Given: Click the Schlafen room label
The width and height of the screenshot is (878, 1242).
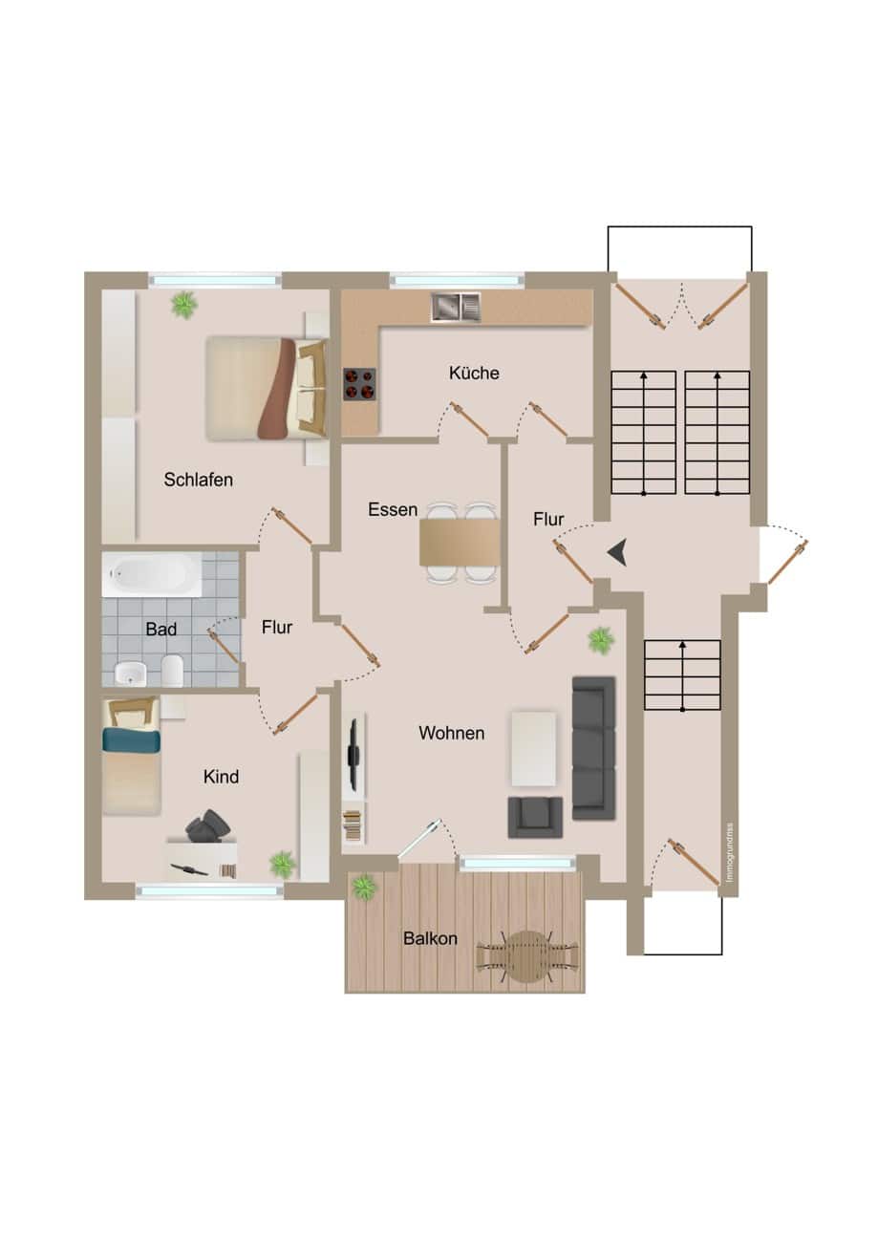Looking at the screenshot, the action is pyautogui.click(x=198, y=480).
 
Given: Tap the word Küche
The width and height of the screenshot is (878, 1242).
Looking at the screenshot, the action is pyautogui.click(x=474, y=373).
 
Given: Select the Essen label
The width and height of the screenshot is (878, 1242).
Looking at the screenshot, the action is pyautogui.click(x=393, y=509).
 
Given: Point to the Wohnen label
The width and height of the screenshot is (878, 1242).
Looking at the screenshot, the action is pyautogui.click(x=452, y=733).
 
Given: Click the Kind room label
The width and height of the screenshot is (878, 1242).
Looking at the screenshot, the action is pyautogui.click(x=221, y=777).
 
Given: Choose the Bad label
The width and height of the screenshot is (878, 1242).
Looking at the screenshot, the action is pyautogui.click(x=161, y=629).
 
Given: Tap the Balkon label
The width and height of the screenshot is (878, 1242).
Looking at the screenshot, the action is pyautogui.click(x=430, y=939).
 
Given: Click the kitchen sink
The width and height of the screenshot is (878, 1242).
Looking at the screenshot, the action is pyautogui.click(x=456, y=308).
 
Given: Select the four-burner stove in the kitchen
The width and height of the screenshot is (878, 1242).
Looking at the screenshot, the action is pyautogui.click(x=359, y=384).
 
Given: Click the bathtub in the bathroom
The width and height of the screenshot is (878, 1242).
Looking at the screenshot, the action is pyautogui.click(x=151, y=574).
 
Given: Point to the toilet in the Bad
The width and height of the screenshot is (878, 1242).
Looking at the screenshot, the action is pyautogui.click(x=173, y=671).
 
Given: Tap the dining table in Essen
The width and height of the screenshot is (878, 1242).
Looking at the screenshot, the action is pyautogui.click(x=460, y=543).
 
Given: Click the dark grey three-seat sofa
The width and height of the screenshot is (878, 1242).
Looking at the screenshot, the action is pyautogui.click(x=593, y=747).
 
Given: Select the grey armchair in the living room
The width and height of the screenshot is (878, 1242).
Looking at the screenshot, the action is pyautogui.click(x=535, y=817).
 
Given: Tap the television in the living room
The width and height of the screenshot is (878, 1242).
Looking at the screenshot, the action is pyautogui.click(x=353, y=754).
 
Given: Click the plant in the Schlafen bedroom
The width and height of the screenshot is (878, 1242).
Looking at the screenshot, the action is pyautogui.click(x=184, y=304).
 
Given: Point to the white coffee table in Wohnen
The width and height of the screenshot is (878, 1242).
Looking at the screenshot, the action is pyautogui.click(x=534, y=748).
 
